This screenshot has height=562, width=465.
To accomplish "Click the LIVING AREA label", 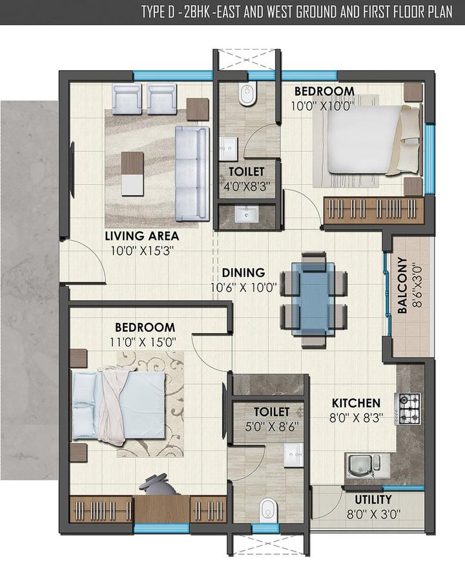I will pos(141,236).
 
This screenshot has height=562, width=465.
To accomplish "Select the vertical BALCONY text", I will pos(402,286).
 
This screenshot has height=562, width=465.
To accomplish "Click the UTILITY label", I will pos(373,499).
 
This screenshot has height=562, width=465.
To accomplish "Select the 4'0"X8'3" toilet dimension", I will pos(246,186).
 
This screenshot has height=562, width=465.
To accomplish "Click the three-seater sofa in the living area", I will pos(191,166).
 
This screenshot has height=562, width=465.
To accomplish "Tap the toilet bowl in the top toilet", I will pos(246,96).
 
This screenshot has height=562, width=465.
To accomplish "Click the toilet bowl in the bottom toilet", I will pos(265,510).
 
